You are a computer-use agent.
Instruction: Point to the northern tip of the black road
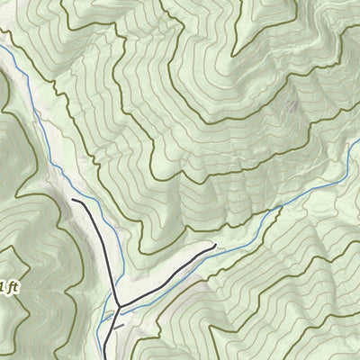tap(74, 202)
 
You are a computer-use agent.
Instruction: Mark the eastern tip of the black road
tap(214, 244)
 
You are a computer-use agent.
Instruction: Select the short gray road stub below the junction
tap(120, 328)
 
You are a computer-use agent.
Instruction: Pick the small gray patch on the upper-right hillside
tap(291, 106)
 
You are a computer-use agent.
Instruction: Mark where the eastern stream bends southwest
tap(279, 208)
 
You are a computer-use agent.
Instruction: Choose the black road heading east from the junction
tap(166, 275)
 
